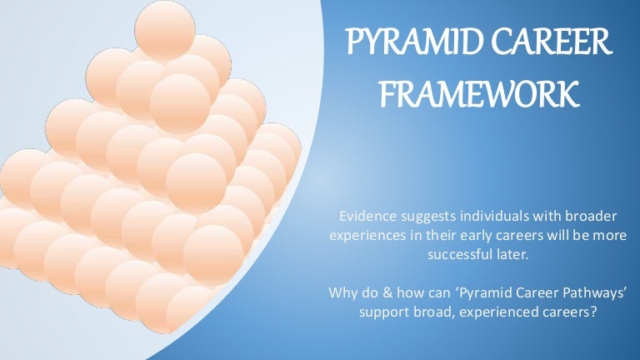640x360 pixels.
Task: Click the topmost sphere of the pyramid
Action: (x=164, y=30)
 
